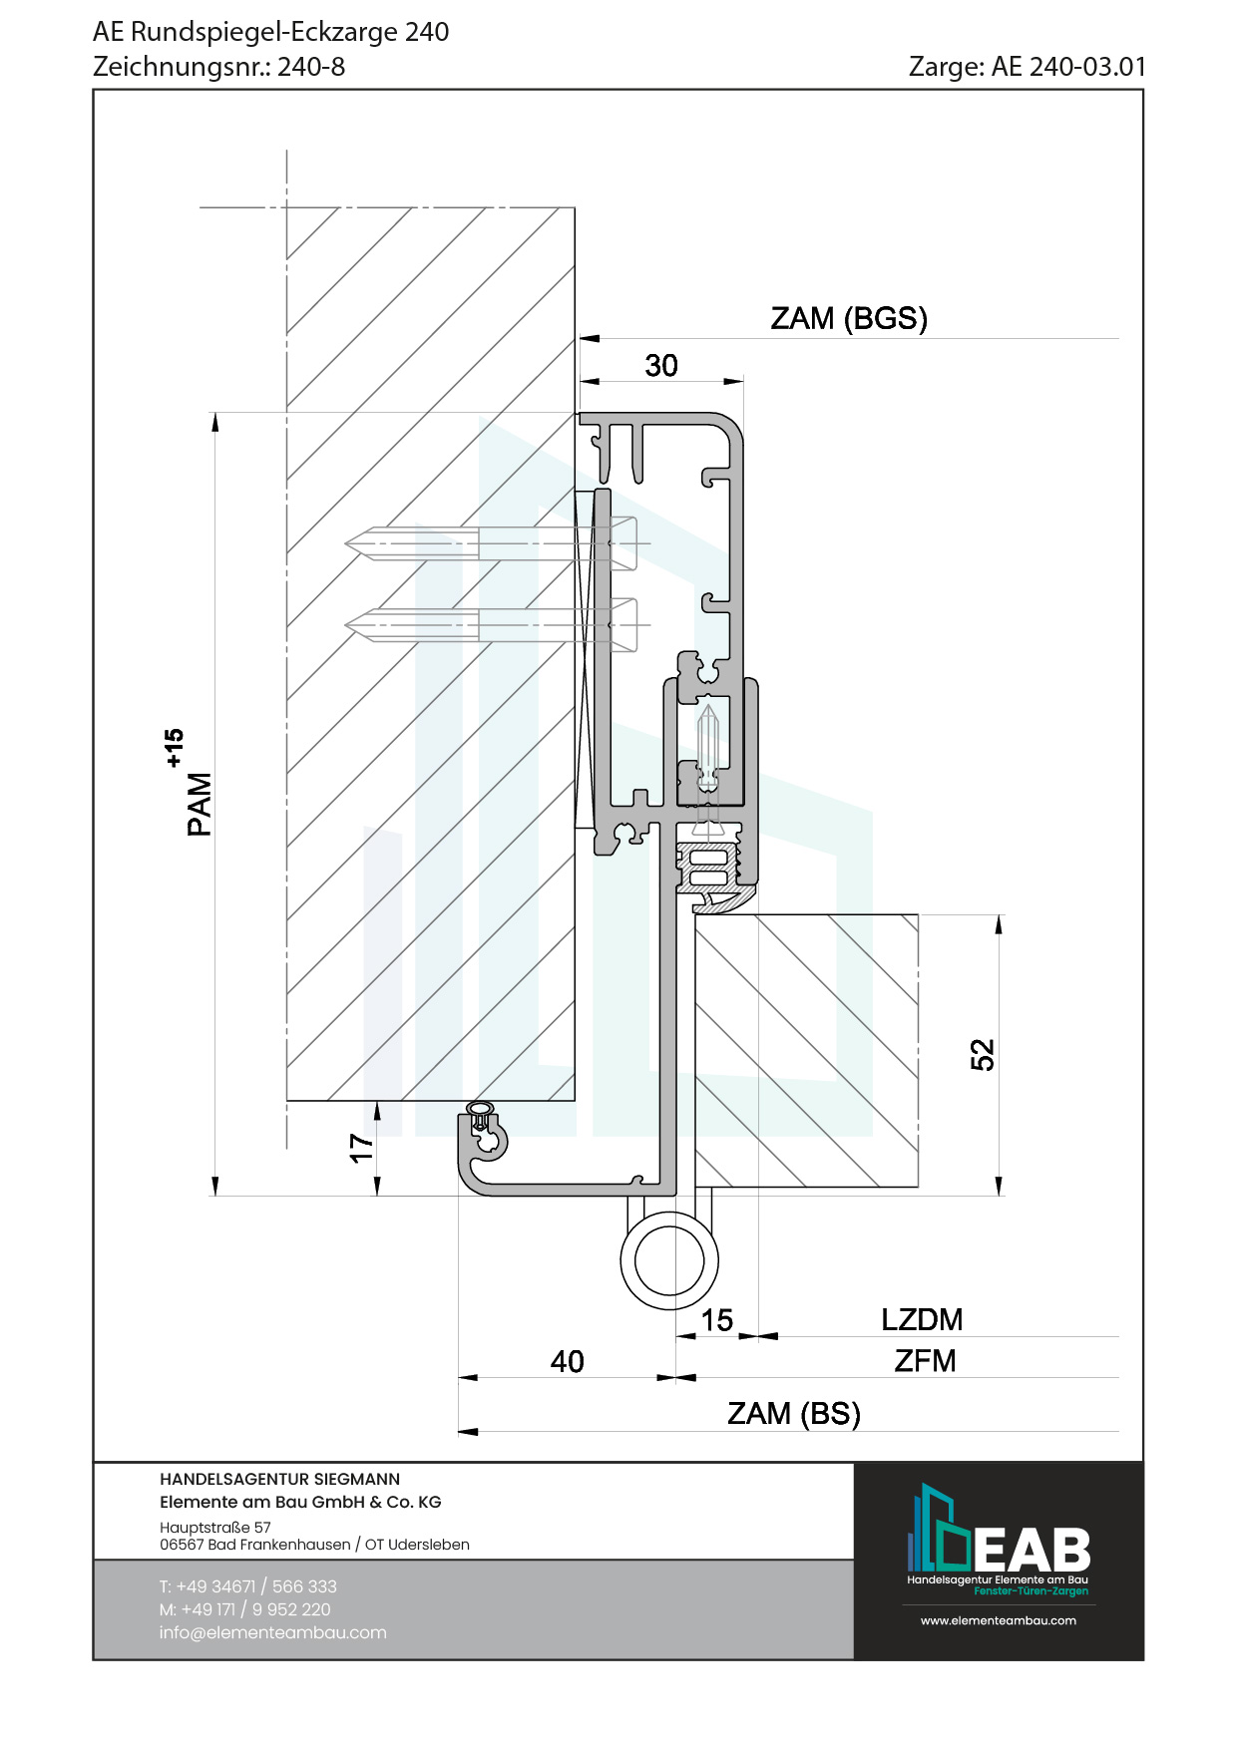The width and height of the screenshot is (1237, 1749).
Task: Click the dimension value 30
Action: tap(661, 366)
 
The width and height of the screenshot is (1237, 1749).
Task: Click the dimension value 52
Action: tap(983, 1054)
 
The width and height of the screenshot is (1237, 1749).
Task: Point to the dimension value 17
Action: tap(361, 1148)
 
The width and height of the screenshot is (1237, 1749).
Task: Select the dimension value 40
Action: tap(567, 1361)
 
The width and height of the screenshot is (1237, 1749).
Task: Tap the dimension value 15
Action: tap(716, 1320)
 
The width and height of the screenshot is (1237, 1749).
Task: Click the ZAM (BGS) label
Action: tap(849, 319)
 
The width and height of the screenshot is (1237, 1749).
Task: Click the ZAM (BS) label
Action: tap(793, 1413)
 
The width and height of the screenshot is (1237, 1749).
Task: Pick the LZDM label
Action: tap(922, 1319)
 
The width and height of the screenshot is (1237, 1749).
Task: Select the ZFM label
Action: tap(925, 1360)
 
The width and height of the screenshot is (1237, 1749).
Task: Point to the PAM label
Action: tap(200, 804)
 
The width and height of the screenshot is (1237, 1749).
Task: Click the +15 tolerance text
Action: tap(175, 748)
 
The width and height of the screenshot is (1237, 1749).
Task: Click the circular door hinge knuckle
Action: tap(669, 1260)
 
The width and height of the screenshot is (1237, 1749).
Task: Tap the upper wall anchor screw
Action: tap(489, 543)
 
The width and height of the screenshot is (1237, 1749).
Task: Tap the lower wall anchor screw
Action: tap(489, 625)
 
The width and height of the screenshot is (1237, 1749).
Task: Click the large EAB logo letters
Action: tap(1031, 1550)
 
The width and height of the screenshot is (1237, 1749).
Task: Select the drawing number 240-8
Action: tap(311, 67)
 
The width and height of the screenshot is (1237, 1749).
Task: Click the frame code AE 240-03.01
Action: tap(1068, 67)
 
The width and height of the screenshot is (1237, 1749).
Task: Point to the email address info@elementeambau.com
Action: tap(272, 1632)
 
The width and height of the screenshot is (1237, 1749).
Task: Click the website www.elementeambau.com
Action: tap(998, 1620)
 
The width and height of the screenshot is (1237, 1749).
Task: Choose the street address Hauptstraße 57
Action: tap(215, 1527)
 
